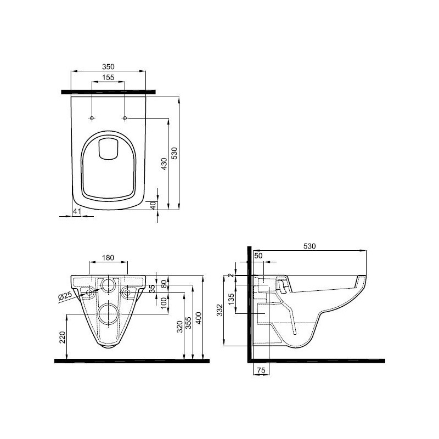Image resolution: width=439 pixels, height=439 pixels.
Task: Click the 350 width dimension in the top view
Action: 108,66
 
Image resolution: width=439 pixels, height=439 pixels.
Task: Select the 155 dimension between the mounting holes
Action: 108,77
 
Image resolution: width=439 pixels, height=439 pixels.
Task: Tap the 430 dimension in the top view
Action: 164,164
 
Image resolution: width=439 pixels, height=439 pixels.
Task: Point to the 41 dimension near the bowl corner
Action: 77,211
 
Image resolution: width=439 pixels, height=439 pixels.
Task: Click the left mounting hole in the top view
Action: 92,118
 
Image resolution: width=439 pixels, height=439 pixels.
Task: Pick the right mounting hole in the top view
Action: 125,118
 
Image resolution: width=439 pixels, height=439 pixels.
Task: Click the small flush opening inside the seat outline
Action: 108,149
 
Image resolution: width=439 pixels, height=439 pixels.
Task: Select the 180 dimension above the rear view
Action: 108,257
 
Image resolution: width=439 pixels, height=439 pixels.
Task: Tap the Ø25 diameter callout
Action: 65,296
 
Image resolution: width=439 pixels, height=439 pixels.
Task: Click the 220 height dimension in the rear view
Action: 62,337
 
